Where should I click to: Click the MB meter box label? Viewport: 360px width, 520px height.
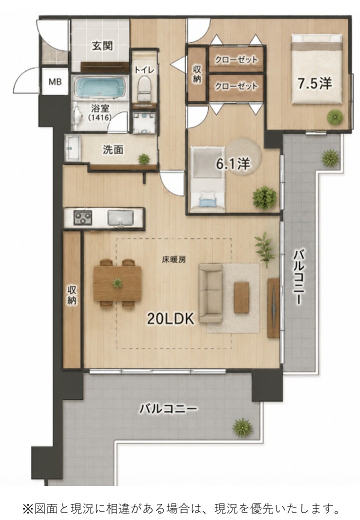coord(55,81)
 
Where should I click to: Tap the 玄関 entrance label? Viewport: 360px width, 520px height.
coord(102,46)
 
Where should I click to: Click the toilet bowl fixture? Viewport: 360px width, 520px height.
coord(144,87)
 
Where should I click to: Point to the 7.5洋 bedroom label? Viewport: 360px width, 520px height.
coord(314,83)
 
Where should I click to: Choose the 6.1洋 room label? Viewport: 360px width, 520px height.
coord(232,163)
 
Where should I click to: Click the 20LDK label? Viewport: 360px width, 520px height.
coord(170,319)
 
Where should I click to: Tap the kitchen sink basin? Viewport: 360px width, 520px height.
coord(120,217)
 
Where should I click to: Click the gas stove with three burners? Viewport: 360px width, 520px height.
coord(83,217)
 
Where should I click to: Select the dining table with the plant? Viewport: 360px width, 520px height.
coord(117,283)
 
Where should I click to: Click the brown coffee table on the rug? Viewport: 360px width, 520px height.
coord(241,297)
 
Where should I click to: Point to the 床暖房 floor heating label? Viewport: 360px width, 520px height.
coord(173,260)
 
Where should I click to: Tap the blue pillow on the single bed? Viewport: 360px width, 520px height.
coord(207,201)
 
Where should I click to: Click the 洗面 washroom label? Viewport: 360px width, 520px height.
coord(113,150)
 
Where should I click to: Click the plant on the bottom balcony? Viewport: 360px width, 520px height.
coord(242,426)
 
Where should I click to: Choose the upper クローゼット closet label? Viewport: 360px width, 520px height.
coord(236,60)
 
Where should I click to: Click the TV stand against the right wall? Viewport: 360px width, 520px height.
coord(273,308)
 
